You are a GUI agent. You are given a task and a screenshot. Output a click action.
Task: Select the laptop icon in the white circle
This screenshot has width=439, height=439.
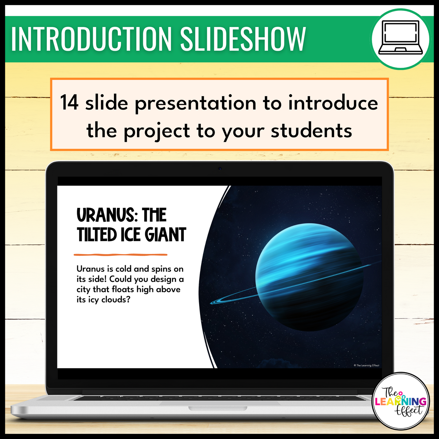(x=400, y=38)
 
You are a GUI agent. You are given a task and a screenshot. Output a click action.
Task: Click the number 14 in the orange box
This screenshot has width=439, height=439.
(x=69, y=102)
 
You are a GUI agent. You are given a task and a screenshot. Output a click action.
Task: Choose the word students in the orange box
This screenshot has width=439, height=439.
(x=311, y=131)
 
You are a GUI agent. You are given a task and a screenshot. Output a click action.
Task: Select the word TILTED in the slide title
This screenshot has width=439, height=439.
(x=97, y=235)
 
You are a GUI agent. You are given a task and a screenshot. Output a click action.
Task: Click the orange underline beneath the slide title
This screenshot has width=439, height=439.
(x=121, y=255)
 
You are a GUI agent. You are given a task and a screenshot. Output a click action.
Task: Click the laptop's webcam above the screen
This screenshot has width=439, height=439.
(x=220, y=169)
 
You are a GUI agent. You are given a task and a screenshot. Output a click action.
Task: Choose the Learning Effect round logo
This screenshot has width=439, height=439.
(x=401, y=401)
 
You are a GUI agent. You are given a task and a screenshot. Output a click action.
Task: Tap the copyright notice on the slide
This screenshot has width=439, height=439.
(x=366, y=365)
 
